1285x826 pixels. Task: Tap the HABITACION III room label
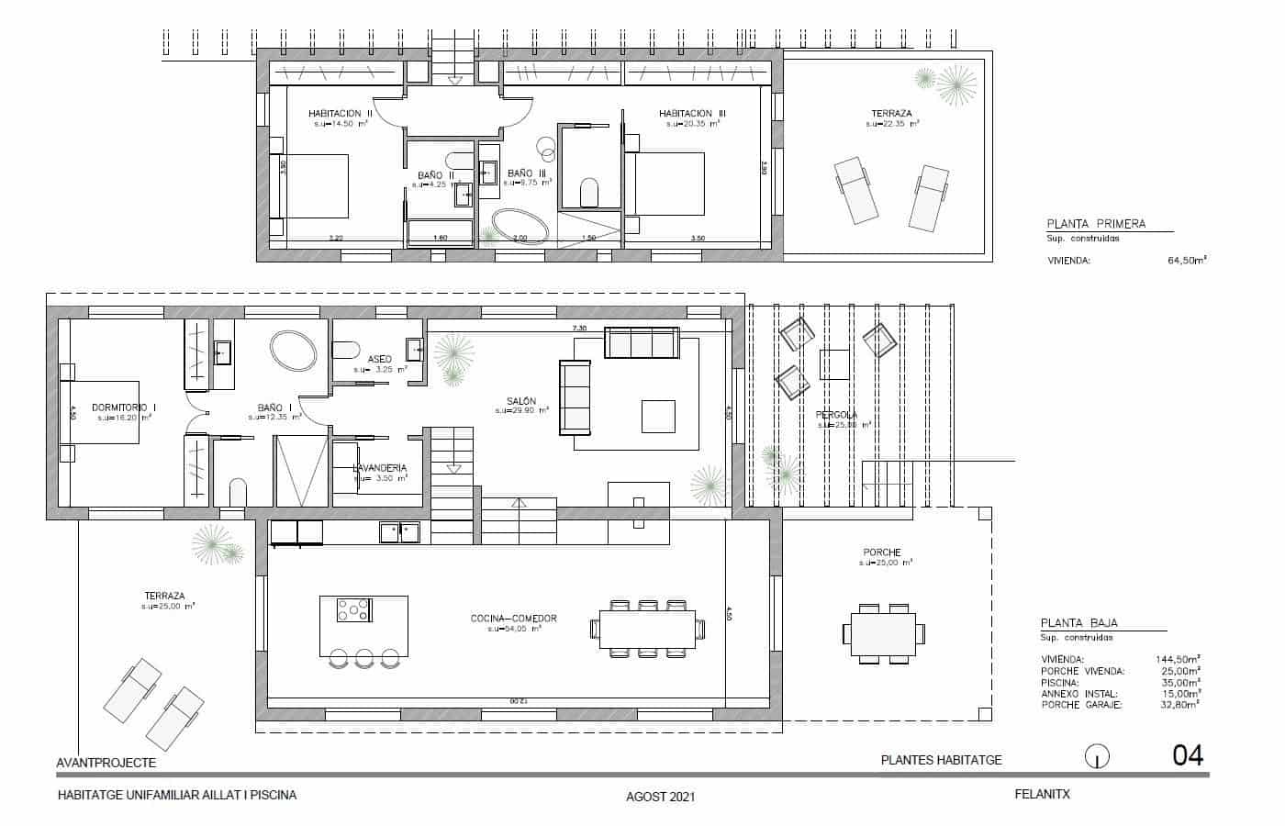(x=692, y=114)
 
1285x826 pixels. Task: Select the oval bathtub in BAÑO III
(x=520, y=226)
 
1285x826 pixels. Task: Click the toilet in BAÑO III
(x=589, y=194)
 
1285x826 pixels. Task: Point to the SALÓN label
(x=521, y=401)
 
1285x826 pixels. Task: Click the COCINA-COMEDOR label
(x=513, y=619)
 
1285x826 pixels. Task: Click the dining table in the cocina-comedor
(x=647, y=629)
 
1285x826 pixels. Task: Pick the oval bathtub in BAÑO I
(x=293, y=349)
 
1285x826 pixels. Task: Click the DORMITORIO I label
(x=123, y=407)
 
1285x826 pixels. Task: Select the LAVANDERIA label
(x=379, y=468)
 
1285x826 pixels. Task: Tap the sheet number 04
(x=1188, y=756)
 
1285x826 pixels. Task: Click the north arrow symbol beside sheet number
(x=1097, y=757)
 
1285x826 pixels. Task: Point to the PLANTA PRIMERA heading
(x=1096, y=224)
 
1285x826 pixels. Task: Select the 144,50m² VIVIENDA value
(x=1179, y=659)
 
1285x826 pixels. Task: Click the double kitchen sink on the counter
(x=400, y=530)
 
